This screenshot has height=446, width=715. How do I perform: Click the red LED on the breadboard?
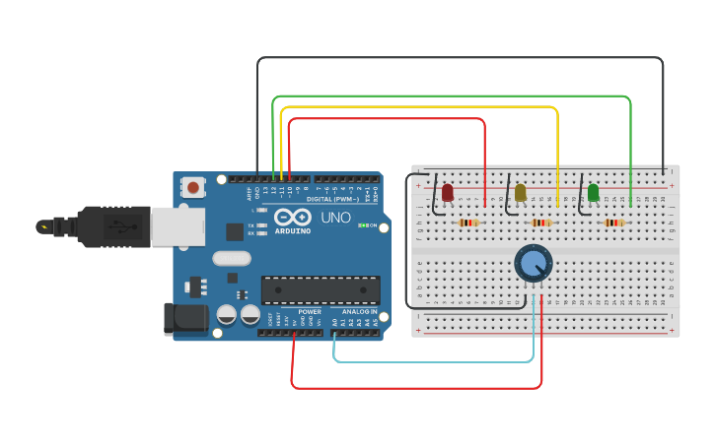(x=447, y=192)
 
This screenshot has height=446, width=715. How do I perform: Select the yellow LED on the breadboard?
(x=520, y=192)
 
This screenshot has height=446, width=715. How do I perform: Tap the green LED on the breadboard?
(x=593, y=192)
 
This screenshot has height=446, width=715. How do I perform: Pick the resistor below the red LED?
(x=469, y=223)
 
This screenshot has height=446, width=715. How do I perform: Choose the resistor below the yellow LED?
(x=541, y=223)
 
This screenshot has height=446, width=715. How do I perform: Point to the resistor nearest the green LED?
(x=614, y=223)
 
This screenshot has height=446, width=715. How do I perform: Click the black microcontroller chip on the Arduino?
(x=320, y=289)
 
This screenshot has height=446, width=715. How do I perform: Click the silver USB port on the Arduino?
(x=178, y=226)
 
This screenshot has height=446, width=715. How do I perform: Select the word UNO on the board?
(x=335, y=218)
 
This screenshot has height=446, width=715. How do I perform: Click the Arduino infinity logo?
(x=293, y=218)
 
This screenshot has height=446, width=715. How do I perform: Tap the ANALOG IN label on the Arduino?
(x=359, y=311)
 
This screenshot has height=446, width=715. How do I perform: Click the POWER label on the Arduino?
(x=310, y=311)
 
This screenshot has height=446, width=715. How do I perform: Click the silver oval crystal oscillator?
(x=232, y=259)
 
